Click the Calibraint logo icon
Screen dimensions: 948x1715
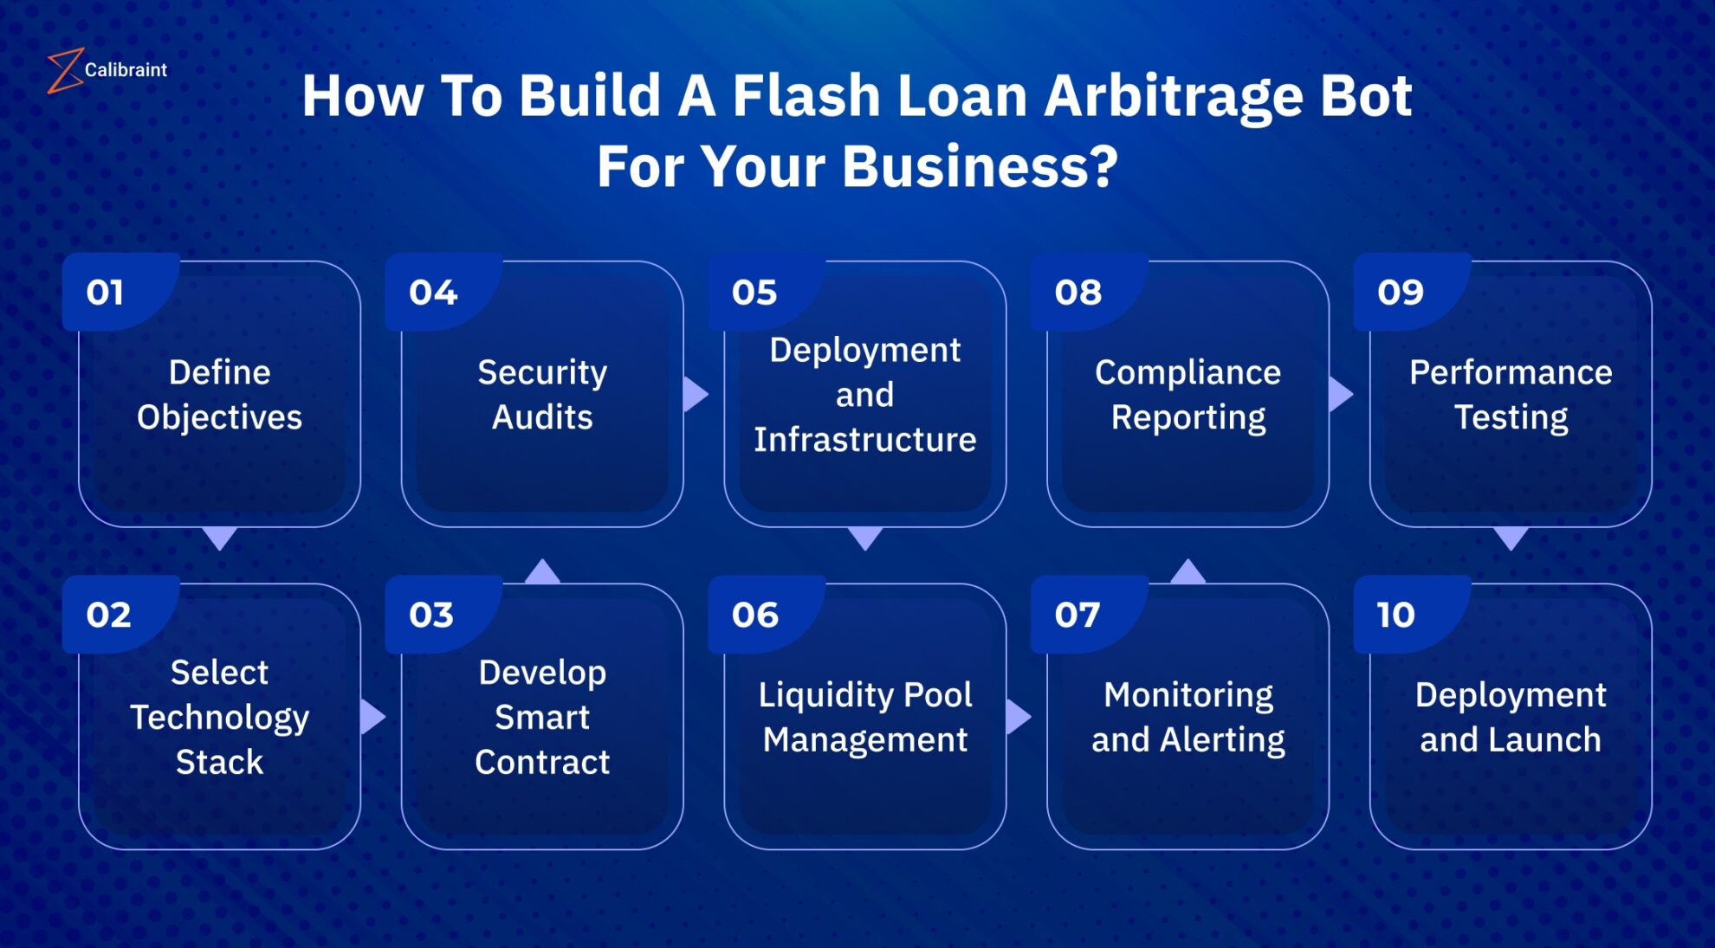(64, 70)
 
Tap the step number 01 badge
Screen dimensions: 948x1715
(105, 293)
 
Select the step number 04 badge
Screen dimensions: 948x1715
(433, 293)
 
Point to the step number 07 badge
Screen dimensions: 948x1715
(1077, 616)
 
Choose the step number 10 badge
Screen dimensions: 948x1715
(1395, 616)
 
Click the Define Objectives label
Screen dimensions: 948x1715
(220, 395)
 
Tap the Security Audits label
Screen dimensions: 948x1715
(542, 395)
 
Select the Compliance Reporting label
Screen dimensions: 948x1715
(1188, 395)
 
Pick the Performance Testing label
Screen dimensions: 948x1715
(1511, 395)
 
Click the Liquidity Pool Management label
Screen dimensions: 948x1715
(865, 717)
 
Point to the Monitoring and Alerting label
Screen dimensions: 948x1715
(1188, 717)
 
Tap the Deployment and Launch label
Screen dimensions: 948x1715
(1511, 717)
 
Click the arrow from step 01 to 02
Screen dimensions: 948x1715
(220, 538)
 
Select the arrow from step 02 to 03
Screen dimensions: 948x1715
(372, 717)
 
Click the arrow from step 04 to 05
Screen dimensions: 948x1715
(695, 394)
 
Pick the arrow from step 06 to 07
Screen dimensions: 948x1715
(1018, 717)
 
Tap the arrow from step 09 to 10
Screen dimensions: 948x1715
(1511, 538)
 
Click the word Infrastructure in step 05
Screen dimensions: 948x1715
(865, 440)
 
